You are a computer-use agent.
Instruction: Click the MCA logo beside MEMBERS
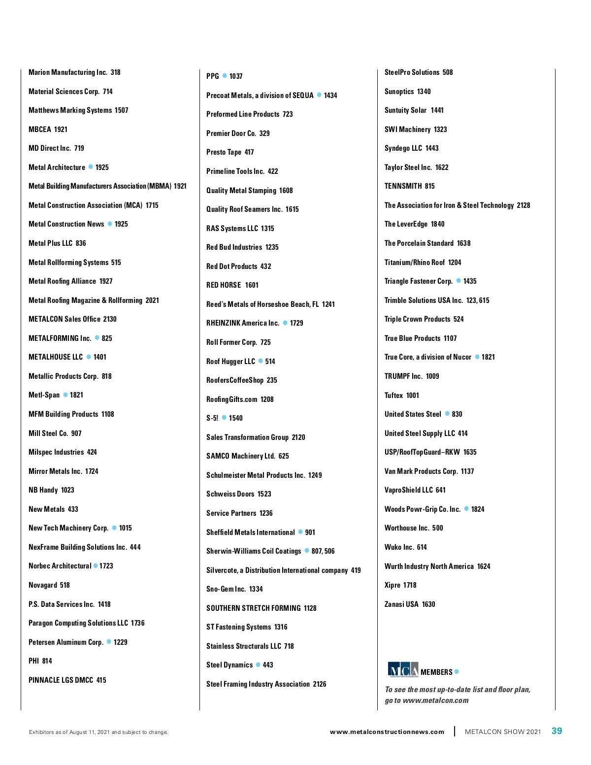coord(403,670)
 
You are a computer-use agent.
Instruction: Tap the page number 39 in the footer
coord(557,731)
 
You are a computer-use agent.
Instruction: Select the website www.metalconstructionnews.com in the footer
coord(387,732)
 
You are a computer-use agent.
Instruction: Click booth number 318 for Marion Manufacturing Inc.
coord(116,72)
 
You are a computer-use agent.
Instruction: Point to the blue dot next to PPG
coord(225,76)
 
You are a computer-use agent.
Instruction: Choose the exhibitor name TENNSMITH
coord(403,186)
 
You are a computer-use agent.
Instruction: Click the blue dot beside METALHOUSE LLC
coord(89,357)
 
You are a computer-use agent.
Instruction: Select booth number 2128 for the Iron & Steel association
coord(524,205)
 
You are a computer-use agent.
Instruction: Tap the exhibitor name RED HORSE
coord(224,285)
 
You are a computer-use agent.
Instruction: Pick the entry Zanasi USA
coord(401,604)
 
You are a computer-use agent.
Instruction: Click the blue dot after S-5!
coord(224,418)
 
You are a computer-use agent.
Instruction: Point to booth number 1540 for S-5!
coord(236,418)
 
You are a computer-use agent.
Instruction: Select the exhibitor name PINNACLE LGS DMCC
coord(61,680)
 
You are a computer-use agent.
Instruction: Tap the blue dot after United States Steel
coord(447,414)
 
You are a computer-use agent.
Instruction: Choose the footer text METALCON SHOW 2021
coord(502,732)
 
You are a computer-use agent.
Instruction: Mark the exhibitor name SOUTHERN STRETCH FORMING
coord(253,608)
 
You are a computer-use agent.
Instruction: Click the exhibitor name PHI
coord(33,661)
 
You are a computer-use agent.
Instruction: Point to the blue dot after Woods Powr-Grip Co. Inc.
coord(466,509)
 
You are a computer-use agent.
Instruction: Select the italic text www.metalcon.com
coord(435,700)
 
